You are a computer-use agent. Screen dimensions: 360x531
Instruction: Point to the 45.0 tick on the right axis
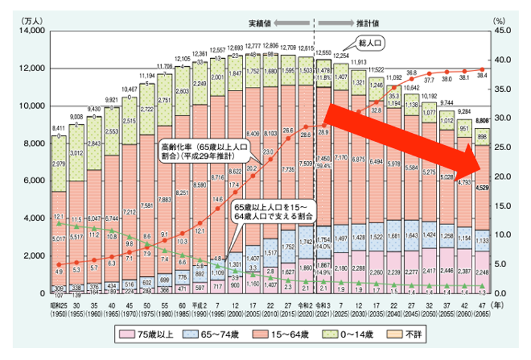(504, 30)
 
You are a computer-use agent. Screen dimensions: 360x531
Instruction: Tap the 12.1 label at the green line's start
(58, 216)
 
